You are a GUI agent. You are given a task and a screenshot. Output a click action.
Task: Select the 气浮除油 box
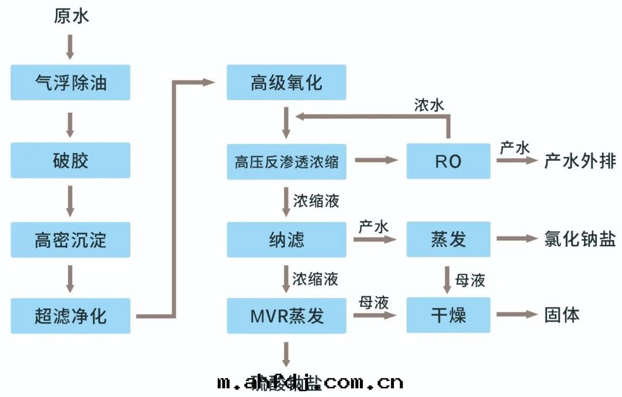coord(71,82)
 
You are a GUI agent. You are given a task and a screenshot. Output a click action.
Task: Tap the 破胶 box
coord(71,160)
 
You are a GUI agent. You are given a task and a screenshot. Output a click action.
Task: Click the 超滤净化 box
coord(71,315)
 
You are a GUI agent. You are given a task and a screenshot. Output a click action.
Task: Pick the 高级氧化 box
coord(286,82)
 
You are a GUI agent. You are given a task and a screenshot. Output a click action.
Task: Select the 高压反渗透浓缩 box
coord(286,162)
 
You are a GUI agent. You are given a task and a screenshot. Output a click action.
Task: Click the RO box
coord(448,162)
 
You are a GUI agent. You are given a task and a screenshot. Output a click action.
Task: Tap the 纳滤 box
coord(286,239)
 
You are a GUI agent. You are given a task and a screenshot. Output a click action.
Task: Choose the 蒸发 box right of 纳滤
coord(448,239)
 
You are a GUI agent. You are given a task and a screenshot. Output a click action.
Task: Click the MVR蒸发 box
coord(286,315)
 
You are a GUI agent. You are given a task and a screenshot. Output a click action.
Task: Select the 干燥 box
coord(448,315)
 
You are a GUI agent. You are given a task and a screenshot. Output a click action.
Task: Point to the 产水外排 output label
coord(579,161)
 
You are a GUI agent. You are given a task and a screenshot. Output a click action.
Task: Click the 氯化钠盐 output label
coord(579,239)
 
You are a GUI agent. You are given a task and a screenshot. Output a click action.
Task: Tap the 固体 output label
coord(562,315)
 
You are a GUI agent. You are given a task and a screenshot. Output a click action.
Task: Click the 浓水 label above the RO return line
coord(429,105)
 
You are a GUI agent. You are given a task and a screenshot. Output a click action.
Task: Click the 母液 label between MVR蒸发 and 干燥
coord(374,303)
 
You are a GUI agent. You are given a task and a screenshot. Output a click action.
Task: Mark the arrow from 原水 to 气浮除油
coord(70,47)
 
